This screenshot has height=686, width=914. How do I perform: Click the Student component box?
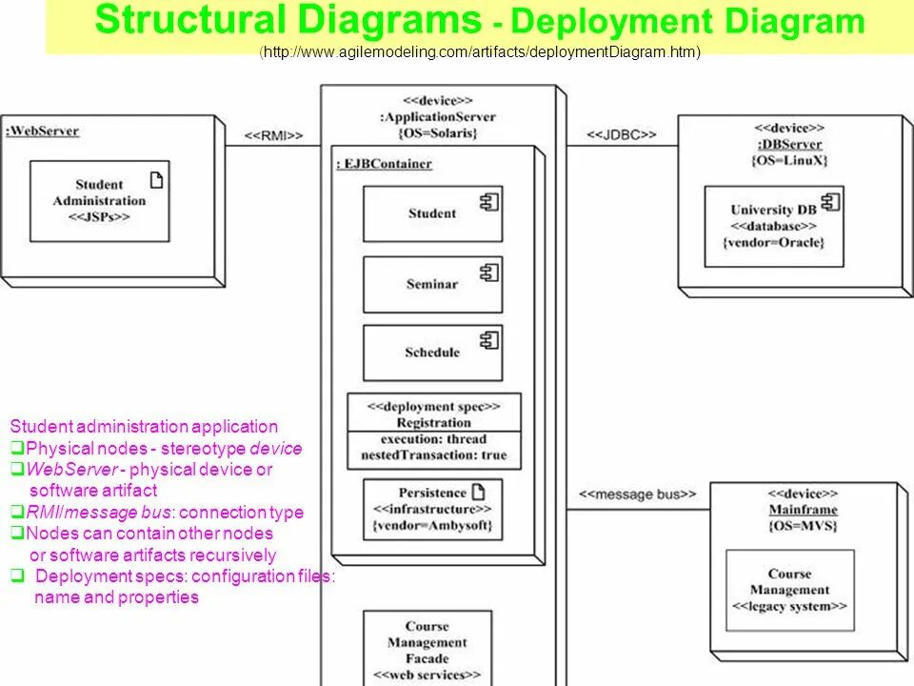432,214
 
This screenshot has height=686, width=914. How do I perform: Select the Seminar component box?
432,285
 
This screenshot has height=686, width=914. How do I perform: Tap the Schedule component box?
432,353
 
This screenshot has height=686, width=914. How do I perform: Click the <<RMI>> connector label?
273,136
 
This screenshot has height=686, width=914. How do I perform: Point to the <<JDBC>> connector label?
621,135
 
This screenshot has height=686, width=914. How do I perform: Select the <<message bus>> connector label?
638,494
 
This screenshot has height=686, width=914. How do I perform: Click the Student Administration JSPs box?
99,201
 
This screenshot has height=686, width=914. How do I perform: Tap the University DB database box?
773,226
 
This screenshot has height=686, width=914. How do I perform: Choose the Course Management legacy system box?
789,590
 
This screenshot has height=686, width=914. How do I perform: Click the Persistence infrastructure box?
432,509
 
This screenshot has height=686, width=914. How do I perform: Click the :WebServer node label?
42,131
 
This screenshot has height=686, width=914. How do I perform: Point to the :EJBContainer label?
384,164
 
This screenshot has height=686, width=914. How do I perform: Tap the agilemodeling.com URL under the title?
480,52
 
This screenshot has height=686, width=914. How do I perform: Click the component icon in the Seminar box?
489,273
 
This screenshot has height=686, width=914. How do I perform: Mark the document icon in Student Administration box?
156,180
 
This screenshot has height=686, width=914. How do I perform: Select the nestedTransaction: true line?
433,455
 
